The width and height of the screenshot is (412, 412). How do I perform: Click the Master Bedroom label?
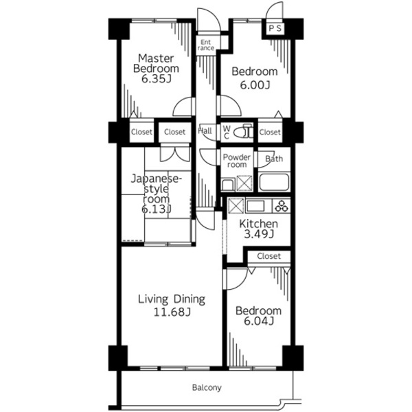click(156, 63)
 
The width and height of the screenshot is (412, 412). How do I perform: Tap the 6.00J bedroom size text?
click(255, 85)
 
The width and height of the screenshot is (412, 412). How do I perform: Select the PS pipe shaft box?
click(275, 28)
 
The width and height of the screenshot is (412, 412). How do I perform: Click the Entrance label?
click(206, 45)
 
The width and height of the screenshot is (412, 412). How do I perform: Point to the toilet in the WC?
click(243, 131)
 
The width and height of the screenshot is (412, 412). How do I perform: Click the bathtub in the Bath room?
click(274, 182)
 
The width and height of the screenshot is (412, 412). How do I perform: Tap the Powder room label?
click(236, 161)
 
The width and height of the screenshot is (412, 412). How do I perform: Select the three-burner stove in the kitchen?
click(282, 206)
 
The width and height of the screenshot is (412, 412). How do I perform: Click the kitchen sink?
click(255, 206)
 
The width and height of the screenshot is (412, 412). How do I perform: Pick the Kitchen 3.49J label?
click(259, 229)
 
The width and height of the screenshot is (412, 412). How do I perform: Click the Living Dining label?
click(172, 299)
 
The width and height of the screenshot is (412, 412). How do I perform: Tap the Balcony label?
click(207, 387)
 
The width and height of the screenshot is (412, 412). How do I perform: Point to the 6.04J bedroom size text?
click(259, 321)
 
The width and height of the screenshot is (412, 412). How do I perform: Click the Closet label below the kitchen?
click(268, 256)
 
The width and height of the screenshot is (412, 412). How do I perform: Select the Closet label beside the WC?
click(270, 132)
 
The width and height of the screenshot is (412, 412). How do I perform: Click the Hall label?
click(205, 130)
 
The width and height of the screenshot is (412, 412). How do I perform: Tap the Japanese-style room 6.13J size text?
click(157, 209)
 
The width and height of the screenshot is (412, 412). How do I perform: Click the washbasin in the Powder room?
click(227, 185)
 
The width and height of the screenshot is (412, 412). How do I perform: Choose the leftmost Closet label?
click(141, 132)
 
